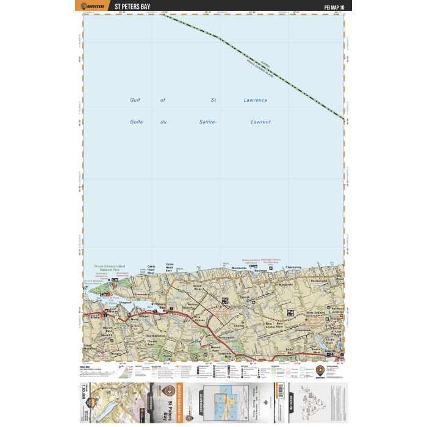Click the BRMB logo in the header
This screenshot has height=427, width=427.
[x=91, y=7]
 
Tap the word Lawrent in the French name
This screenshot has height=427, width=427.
[x=260, y=122]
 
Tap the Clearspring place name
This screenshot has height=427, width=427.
[x=293, y=268]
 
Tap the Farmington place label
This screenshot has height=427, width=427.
[x=225, y=335]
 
